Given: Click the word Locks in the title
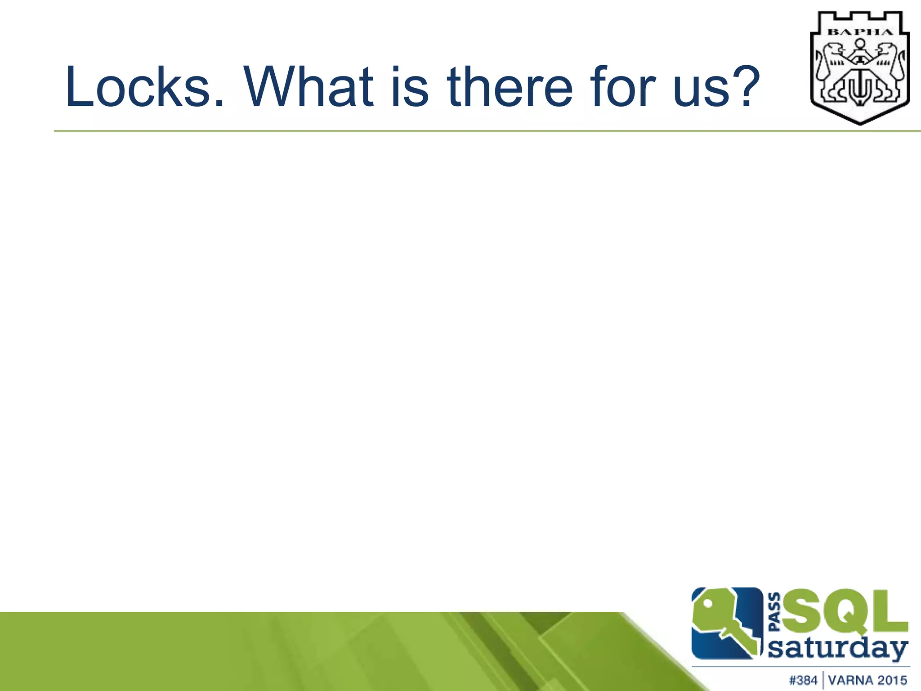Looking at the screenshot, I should [138, 87].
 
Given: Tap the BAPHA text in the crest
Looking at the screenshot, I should [860, 32].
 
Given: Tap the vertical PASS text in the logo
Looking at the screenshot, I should [774, 612].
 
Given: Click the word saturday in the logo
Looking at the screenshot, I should [837, 649].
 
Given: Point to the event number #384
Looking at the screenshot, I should [803, 680].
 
